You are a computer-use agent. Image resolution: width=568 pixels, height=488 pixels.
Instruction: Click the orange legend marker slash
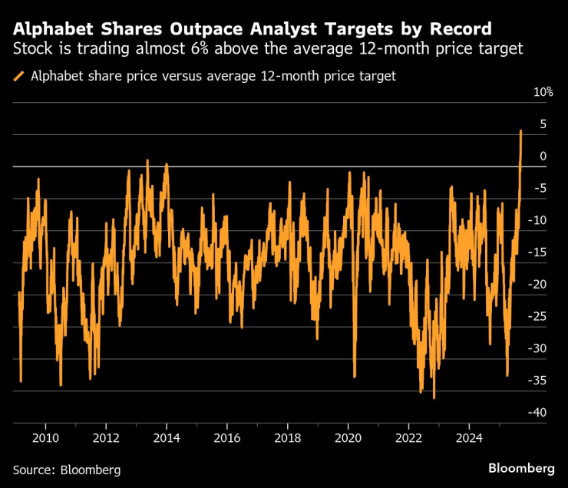[x=18, y=76]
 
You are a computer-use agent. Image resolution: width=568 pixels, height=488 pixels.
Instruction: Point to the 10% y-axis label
[x=543, y=92]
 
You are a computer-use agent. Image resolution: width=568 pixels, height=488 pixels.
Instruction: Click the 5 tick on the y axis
[x=543, y=124]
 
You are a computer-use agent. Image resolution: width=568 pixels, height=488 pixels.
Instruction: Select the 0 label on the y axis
[x=543, y=156]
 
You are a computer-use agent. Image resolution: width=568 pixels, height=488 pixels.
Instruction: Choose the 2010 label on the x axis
[x=45, y=437]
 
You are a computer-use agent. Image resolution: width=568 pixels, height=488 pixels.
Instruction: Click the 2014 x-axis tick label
[x=167, y=437]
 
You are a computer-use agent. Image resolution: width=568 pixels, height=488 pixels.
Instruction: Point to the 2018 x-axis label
[x=287, y=437]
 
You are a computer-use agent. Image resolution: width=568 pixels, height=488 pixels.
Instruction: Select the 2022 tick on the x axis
[x=408, y=437]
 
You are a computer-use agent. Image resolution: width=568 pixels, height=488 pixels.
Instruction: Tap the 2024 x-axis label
[x=469, y=437]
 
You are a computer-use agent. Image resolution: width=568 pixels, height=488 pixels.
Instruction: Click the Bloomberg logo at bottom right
[x=521, y=467]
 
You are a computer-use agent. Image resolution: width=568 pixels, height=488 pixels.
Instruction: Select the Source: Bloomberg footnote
[x=66, y=469]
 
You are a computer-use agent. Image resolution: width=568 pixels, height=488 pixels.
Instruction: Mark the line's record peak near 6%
[x=521, y=130]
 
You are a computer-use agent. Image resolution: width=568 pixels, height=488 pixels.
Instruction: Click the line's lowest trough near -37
[x=434, y=397]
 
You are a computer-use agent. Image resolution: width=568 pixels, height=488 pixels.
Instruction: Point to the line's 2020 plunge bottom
[x=355, y=377]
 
